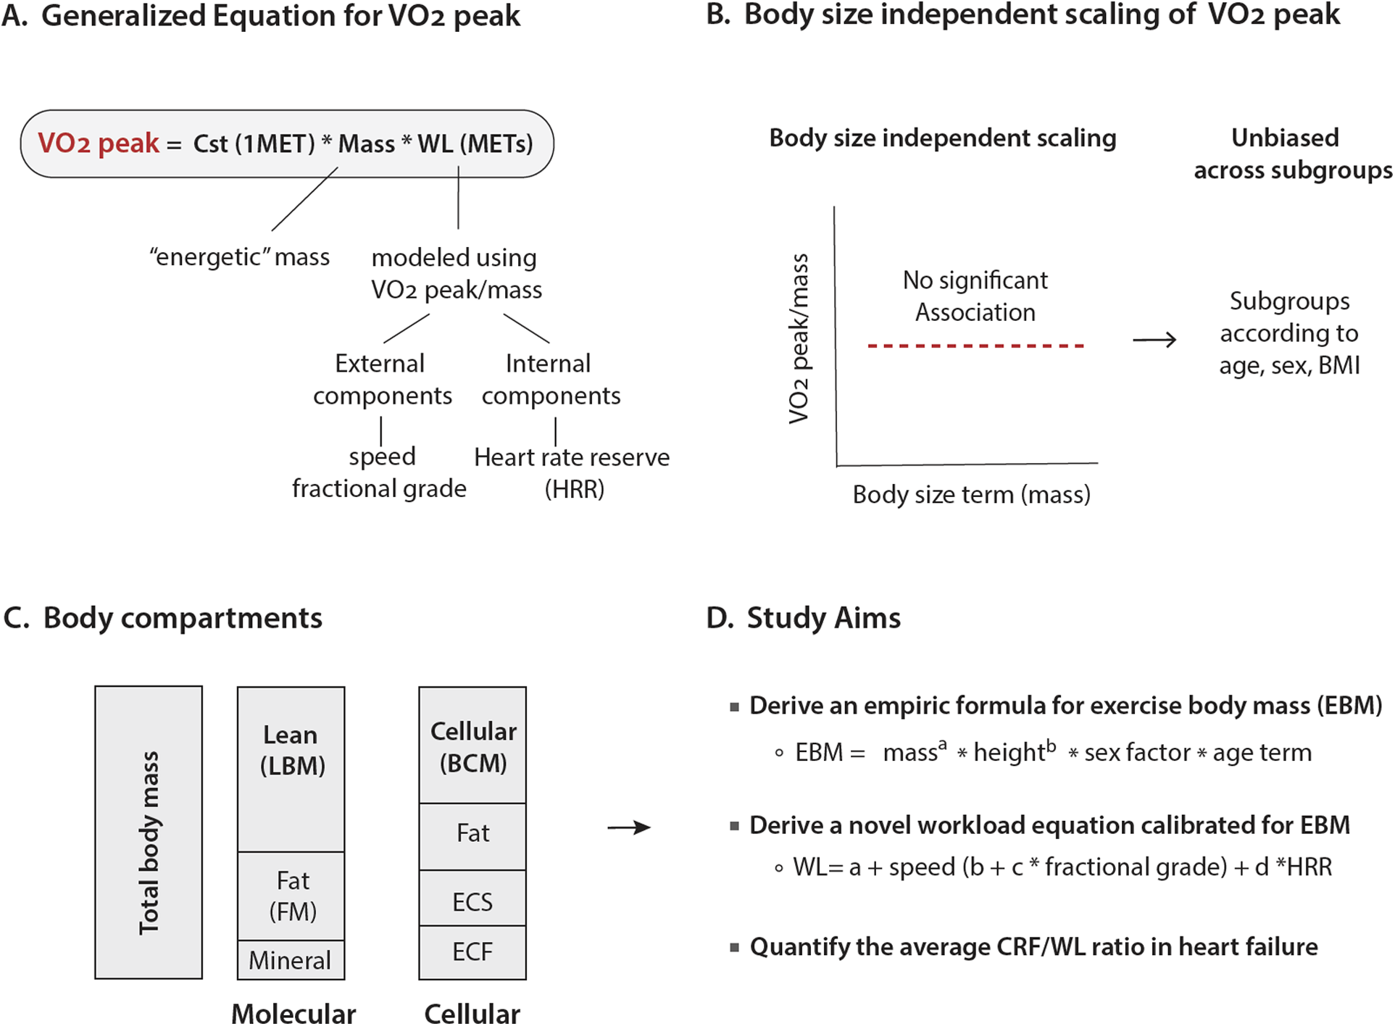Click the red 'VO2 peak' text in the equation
[98, 143]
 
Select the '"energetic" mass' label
[239, 256]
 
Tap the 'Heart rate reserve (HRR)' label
[572, 472]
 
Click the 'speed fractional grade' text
[380, 472]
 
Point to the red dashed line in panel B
[975, 346]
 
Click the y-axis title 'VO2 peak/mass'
[799, 338]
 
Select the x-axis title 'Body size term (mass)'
[971, 494]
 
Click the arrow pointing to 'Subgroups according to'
[1154, 339]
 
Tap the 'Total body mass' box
[149, 832]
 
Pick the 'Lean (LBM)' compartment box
[291, 768]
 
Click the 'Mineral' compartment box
[290, 960]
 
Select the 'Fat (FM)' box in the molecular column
[292, 896]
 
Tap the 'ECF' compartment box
[472, 952]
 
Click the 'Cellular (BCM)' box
[472, 746]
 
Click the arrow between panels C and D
[629, 827]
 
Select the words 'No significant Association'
[975, 296]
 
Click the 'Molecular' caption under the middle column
[293, 1013]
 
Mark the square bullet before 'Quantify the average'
[735, 947]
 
